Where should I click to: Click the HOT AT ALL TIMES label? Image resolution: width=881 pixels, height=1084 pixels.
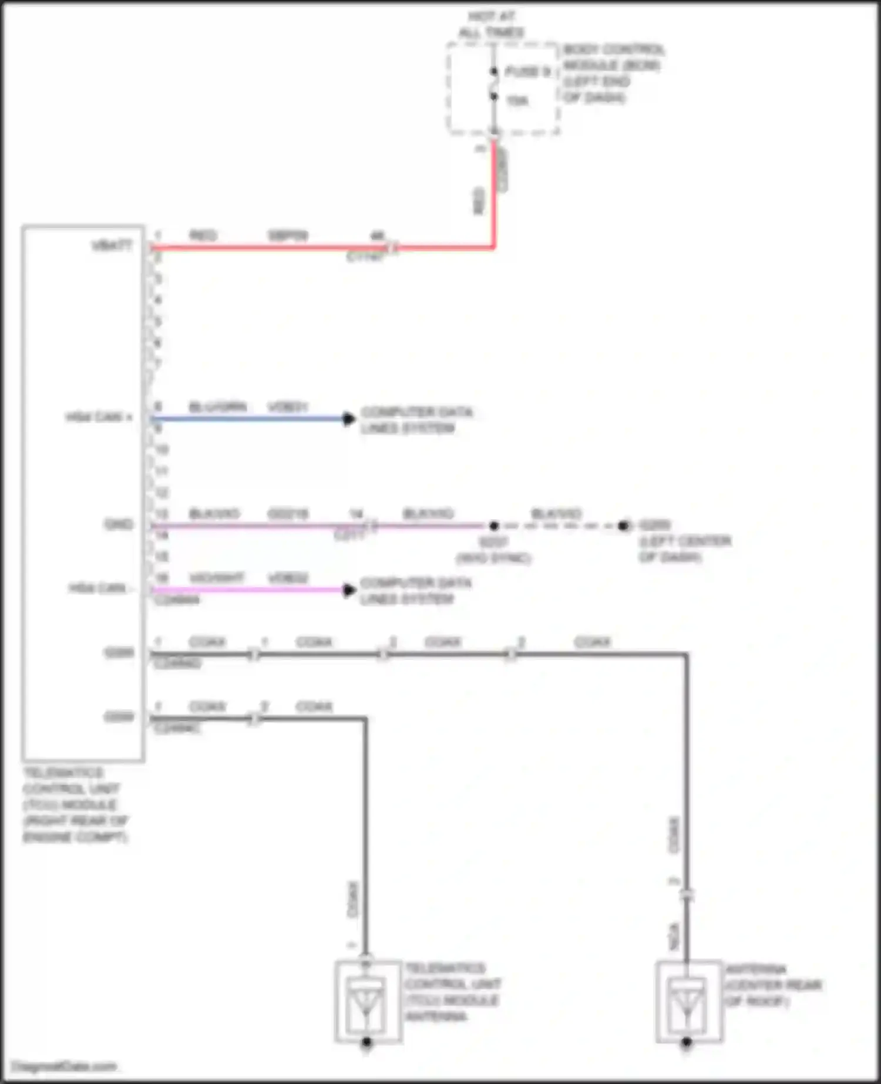491,25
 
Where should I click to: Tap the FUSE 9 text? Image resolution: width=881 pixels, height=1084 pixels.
527,72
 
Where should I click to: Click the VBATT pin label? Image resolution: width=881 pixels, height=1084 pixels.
112,245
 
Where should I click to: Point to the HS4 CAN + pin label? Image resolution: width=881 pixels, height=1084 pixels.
99,418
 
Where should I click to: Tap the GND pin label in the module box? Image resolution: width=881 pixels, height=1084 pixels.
118,524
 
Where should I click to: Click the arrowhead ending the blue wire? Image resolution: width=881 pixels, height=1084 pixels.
349,419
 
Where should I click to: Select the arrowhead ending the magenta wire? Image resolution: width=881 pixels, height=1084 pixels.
349,590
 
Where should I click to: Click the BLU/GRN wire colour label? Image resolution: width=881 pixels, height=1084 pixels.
217,407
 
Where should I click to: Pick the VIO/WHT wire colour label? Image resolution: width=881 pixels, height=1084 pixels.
216,578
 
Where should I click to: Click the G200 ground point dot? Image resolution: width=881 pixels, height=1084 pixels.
623,526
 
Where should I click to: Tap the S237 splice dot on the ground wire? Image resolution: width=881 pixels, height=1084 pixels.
494,526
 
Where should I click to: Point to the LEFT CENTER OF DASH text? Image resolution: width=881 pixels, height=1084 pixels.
684,548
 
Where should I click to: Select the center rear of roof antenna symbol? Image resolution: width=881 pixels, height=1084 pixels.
687,1002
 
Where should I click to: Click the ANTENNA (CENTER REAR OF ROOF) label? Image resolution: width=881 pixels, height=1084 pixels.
772,985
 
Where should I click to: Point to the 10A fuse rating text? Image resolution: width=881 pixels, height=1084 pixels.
517,101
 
